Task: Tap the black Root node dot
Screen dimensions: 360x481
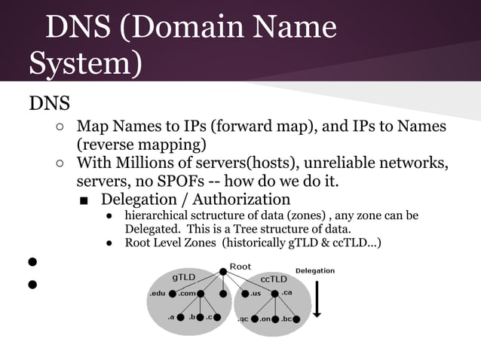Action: click(x=224, y=271)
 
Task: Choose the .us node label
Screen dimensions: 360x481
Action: click(x=256, y=293)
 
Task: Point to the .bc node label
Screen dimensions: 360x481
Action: click(x=287, y=319)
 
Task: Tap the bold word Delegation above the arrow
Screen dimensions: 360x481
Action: click(x=315, y=270)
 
